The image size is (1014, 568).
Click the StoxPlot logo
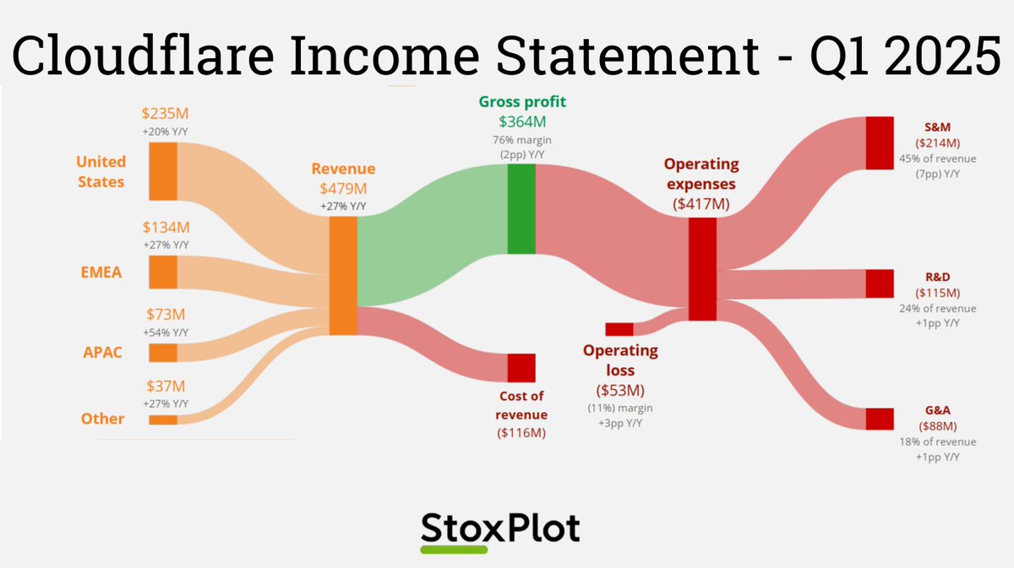point(500,530)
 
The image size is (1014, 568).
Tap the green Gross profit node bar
point(521,209)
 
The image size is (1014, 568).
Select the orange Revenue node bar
point(342,276)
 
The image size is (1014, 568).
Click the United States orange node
point(163,171)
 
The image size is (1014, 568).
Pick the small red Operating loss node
point(619,329)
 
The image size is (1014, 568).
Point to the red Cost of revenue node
point(521,368)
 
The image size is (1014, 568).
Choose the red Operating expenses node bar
point(702,269)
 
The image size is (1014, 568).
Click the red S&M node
point(880,143)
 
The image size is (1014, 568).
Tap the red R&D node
point(880,284)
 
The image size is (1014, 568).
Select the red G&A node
point(880,419)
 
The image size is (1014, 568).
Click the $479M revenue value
point(343,189)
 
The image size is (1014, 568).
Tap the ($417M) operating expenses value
point(701,203)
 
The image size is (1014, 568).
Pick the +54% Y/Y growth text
point(165,332)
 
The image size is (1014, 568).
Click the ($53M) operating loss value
point(620,391)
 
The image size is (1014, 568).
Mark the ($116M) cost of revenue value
point(521,433)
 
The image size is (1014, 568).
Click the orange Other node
point(163,419)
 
